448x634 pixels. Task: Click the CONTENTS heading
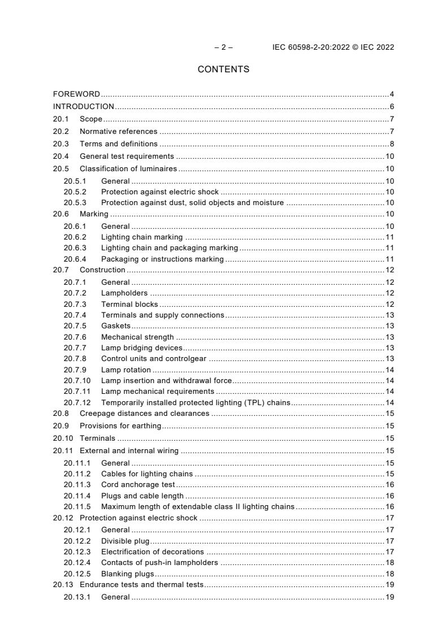[223, 70]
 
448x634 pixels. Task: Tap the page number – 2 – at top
[223, 47]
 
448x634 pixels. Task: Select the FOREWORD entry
[76, 94]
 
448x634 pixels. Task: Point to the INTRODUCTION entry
[84, 106]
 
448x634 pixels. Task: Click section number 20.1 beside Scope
[61, 119]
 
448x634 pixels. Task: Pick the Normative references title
[119, 132]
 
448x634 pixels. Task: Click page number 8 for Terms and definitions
[392, 144]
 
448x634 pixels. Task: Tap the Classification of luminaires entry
[128, 169]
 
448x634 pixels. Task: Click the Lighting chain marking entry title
[142, 237]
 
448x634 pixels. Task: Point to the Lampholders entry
[124, 293]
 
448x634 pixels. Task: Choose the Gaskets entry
[116, 326]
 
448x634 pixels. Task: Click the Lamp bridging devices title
[142, 348]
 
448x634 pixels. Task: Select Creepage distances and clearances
[144, 414]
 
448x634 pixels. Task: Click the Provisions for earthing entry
[120, 426]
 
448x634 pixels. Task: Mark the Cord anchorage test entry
[138, 485]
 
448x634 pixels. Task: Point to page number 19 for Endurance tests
[390, 585]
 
